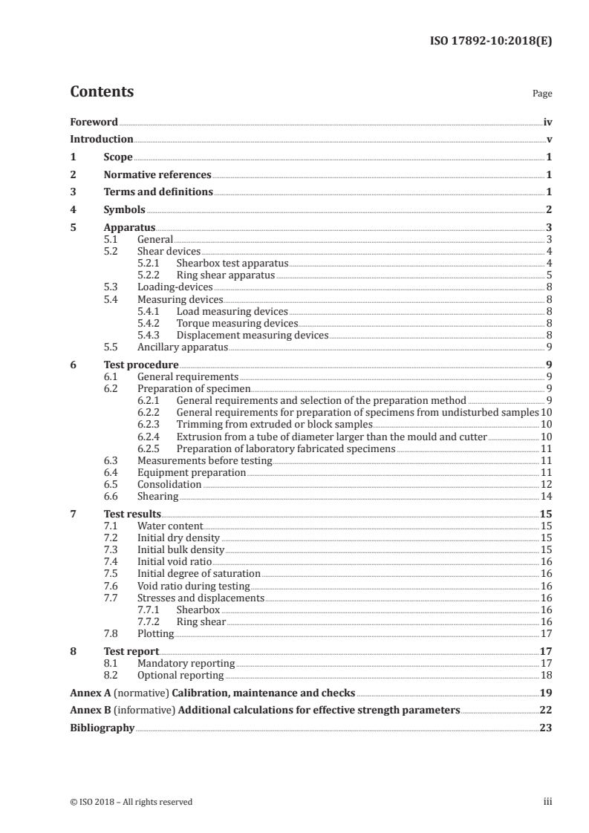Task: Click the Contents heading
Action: click(102, 92)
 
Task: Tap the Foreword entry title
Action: click(94, 122)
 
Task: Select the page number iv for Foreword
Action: click(547, 122)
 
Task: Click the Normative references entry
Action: click(157, 175)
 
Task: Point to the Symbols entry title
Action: click(124, 210)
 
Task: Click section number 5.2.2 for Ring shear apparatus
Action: click(151, 275)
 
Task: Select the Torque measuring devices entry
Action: click(236, 324)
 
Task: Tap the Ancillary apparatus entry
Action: click(182, 347)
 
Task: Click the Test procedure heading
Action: click(141, 365)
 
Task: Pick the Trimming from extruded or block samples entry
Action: click(274, 425)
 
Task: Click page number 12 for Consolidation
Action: click(547, 484)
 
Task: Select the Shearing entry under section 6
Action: click(158, 496)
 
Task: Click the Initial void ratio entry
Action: click(174, 561)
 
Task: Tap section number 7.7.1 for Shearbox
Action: click(151, 610)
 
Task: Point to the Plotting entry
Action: click(155, 633)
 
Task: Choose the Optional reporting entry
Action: click(180, 675)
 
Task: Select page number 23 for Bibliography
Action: click(547, 728)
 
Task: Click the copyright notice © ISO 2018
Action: click(131, 802)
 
